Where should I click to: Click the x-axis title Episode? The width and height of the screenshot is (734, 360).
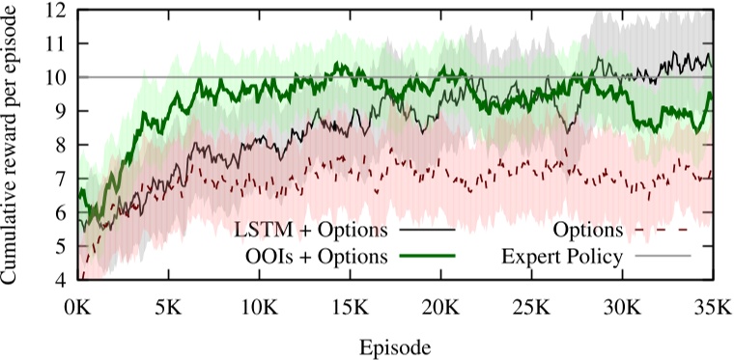click(396, 345)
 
